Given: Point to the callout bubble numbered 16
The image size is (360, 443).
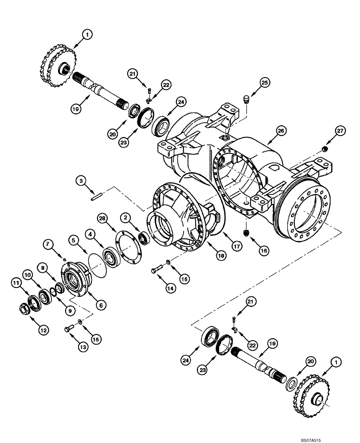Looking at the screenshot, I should click(264, 250).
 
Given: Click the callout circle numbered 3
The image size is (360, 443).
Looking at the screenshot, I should click(80, 181).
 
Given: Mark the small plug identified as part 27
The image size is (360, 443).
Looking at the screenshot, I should click(324, 148).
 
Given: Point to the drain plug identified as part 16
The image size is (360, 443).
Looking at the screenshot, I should click(246, 232).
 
